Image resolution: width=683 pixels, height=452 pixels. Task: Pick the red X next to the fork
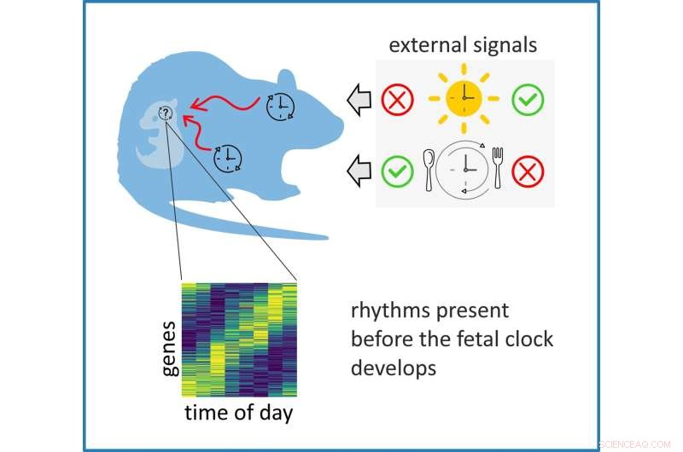528,171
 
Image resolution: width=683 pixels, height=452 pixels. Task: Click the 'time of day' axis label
240,414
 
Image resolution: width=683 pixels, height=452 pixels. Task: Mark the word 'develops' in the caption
391,369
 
